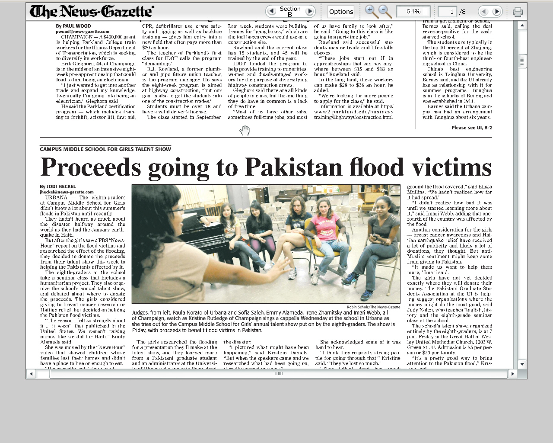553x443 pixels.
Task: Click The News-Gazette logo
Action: [x=91, y=11]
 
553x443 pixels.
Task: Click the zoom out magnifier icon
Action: [x=384, y=11]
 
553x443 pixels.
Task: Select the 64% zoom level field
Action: [x=413, y=11]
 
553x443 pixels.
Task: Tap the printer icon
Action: [x=518, y=12]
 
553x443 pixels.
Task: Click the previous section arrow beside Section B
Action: [x=271, y=11]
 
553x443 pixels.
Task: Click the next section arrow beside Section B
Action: [x=309, y=11]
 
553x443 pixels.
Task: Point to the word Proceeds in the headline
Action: [x=91, y=167]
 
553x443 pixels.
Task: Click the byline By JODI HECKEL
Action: [x=58, y=186]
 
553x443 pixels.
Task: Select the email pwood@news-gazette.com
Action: [x=83, y=32]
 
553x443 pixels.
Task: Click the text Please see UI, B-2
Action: [x=471, y=128]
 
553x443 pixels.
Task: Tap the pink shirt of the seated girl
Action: [x=325, y=225]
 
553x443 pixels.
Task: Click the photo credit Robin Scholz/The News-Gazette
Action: [x=373, y=307]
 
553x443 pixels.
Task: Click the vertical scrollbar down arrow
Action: [x=522, y=364]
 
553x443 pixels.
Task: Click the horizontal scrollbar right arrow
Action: [x=512, y=374]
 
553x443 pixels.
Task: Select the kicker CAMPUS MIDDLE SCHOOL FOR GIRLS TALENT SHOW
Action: [x=105, y=149]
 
